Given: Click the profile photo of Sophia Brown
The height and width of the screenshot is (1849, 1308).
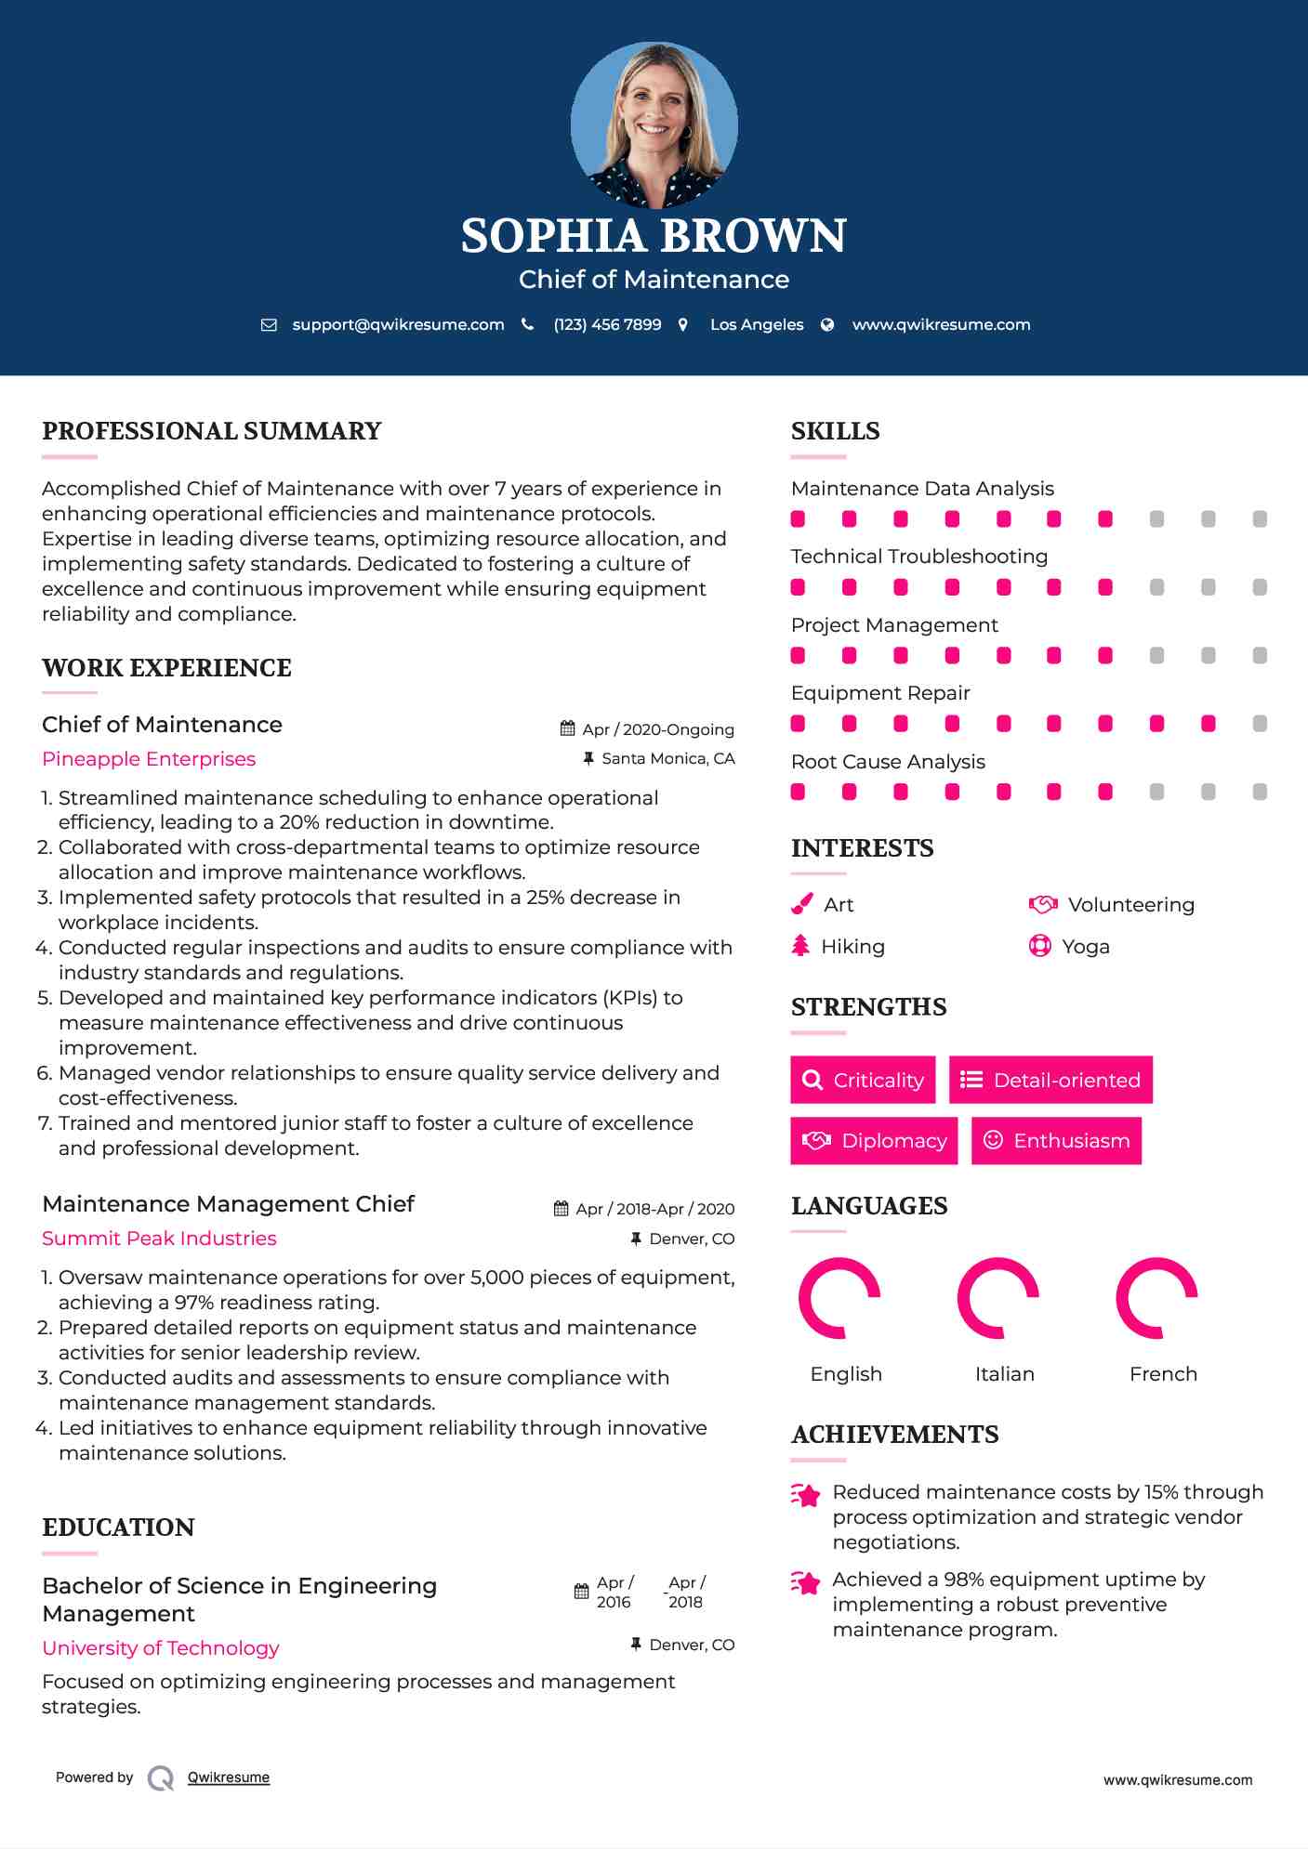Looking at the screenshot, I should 654,125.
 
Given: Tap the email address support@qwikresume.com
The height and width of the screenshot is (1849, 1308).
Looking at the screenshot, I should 398,325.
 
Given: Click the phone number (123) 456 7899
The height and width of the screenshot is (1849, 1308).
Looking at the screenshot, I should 607,325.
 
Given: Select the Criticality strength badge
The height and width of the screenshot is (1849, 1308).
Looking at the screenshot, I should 863,1080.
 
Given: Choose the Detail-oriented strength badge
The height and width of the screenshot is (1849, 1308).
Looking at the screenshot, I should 1050,1080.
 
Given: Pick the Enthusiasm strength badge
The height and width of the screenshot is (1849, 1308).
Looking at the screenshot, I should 1056,1141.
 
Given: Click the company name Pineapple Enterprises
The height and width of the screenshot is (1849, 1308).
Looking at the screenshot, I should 149,759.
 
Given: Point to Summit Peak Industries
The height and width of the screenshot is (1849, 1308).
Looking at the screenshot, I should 159,1239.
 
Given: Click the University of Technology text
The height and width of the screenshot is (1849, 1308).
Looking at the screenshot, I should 161,1648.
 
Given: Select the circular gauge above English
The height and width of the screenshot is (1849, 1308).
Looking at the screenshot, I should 839,1298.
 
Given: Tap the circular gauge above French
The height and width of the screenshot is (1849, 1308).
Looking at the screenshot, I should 1156,1298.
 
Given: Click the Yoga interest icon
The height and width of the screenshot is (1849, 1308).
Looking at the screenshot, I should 1040,947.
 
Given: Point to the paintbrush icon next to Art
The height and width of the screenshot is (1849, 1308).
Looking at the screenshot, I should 801,904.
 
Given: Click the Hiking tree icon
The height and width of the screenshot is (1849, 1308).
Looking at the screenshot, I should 800,946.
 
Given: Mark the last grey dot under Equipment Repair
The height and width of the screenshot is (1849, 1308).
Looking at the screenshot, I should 1260,724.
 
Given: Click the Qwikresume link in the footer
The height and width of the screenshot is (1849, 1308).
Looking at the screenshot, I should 229,1777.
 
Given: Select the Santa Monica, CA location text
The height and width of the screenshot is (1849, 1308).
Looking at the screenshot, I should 667,759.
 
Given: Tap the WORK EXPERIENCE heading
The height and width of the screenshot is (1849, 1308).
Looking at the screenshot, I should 166,668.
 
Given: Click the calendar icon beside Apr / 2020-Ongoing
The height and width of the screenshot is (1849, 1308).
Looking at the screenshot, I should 568,729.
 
